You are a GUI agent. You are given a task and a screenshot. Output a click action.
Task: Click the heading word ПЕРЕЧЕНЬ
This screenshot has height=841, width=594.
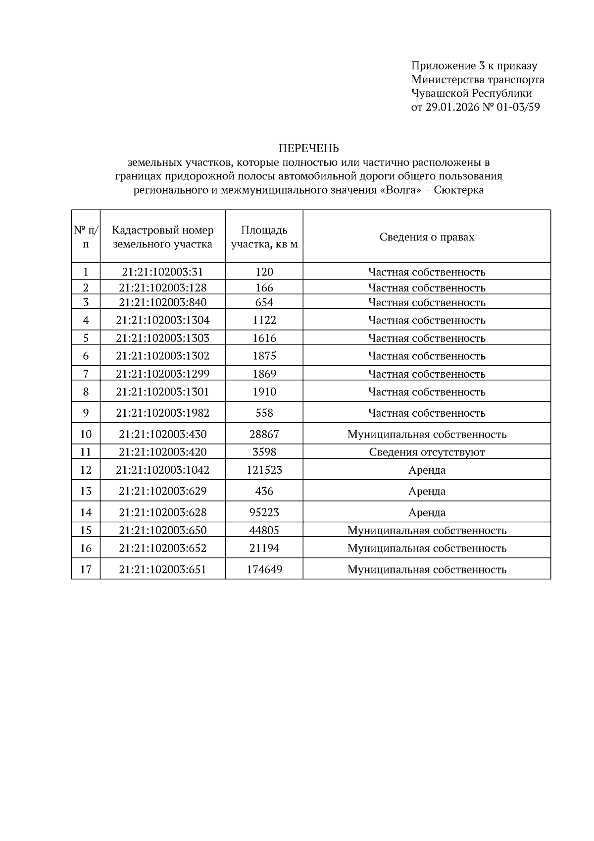[x=309, y=148]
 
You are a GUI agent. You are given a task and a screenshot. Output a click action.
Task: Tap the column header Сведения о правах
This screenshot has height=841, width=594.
[x=427, y=237]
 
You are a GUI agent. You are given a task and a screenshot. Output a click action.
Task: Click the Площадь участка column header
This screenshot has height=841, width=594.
[x=264, y=237]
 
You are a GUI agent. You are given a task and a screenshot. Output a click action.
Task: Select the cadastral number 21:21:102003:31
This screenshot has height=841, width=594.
[x=162, y=272]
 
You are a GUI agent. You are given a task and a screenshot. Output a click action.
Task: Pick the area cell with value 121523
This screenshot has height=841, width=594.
[x=264, y=470]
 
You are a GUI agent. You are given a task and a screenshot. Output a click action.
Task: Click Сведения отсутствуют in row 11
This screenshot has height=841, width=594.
[x=427, y=452]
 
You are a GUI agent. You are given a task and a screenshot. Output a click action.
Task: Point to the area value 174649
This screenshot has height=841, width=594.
[x=264, y=569]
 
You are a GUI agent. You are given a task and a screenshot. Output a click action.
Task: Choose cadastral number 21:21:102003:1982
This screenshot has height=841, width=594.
[x=162, y=413]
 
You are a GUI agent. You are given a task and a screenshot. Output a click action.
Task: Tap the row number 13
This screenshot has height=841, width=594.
[x=86, y=491]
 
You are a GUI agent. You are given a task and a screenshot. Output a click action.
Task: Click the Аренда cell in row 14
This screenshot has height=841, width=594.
[x=427, y=512]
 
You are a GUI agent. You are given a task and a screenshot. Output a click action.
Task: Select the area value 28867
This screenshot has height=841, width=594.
[x=264, y=434]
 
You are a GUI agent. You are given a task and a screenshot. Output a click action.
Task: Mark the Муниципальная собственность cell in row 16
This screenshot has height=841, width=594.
[x=427, y=548]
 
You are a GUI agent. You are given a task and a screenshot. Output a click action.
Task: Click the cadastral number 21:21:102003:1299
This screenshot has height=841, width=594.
[x=162, y=374]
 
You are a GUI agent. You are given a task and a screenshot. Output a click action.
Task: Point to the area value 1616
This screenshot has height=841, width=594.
[x=264, y=338]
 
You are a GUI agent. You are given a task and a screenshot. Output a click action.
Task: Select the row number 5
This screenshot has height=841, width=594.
[x=86, y=338]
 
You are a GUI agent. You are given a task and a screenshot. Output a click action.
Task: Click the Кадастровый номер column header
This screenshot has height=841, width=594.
[x=162, y=237]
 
